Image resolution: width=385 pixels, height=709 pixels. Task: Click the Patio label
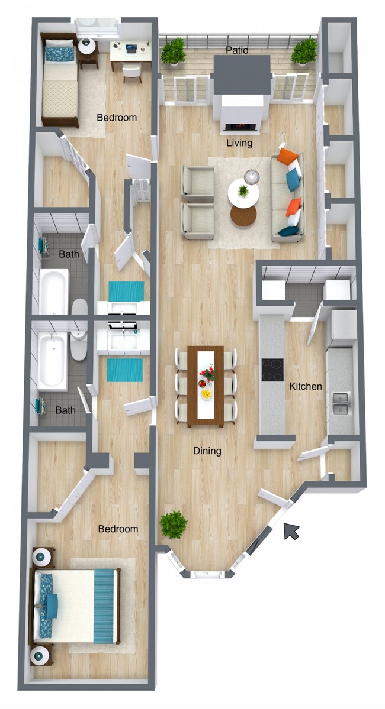(x=237, y=51)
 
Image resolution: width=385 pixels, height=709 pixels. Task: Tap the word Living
(x=239, y=143)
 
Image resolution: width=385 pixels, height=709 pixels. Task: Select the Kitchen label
(x=306, y=387)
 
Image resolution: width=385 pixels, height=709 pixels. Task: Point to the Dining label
(x=207, y=451)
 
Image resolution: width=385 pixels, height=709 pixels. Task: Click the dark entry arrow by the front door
(x=291, y=531)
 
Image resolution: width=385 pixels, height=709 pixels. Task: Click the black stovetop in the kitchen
(x=272, y=370)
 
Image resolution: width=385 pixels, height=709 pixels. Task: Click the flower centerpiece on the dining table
(x=207, y=374)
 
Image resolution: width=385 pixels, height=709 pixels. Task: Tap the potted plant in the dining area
(x=174, y=524)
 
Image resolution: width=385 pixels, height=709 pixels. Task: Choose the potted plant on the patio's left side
(x=174, y=51)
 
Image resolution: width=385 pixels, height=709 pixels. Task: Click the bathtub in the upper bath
(x=54, y=292)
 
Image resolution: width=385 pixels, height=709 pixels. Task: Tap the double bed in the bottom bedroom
(x=76, y=606)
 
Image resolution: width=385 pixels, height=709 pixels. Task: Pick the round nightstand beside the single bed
(x=87, y=46)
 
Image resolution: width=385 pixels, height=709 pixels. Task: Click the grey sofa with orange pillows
(x=288, y=197)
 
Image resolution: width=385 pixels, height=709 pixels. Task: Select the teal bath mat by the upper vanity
(x=126, y=291)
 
